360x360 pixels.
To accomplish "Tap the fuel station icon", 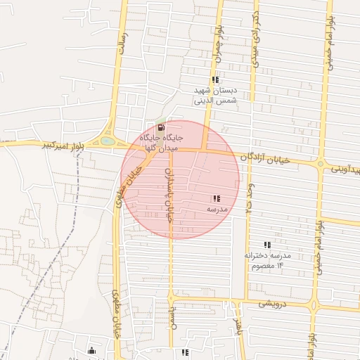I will (162, 128).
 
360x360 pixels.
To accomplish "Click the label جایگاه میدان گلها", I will (162, 143).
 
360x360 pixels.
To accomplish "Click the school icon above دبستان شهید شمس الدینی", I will (215, 80).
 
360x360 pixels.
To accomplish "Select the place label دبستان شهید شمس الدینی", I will (217, 96).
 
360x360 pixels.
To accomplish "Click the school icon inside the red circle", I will (216, 199).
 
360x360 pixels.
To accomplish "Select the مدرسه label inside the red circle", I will (216, 210).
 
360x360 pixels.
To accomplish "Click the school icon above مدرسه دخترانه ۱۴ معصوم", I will (266, 245).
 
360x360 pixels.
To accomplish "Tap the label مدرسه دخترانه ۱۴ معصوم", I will (268, 260).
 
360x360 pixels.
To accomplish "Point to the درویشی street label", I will (273, 304).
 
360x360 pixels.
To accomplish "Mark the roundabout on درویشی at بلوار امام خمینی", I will (314, 306).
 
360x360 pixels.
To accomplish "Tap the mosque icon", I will (91, 350).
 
